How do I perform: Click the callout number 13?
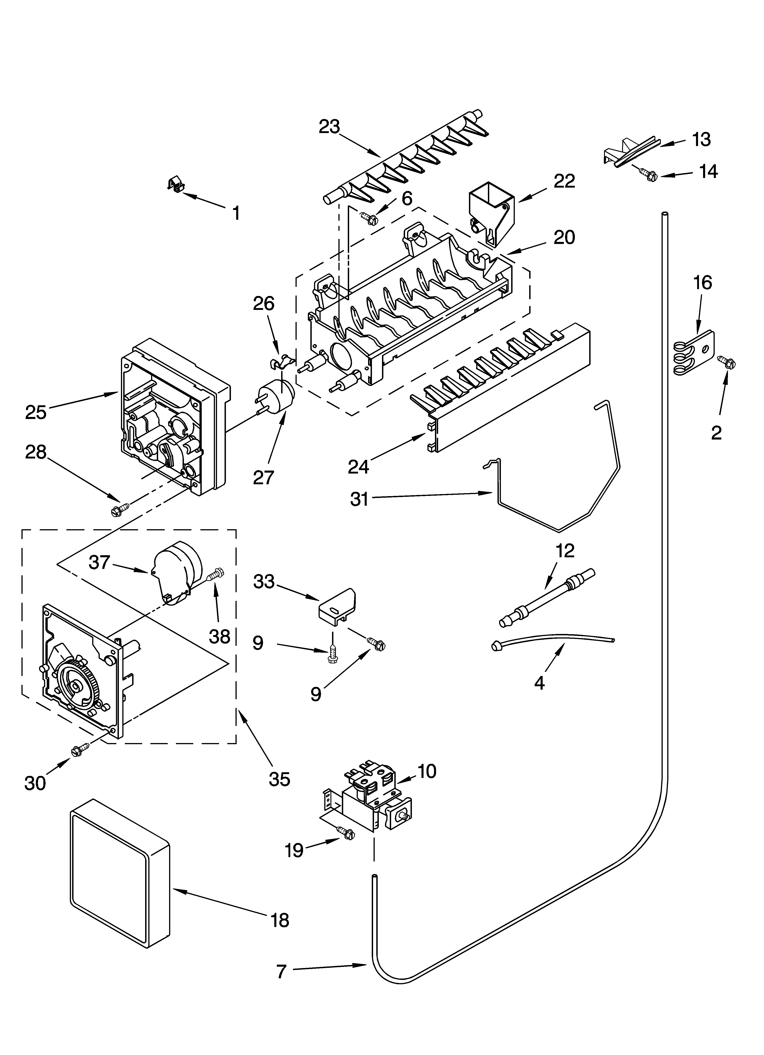[x=701, y=140]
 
